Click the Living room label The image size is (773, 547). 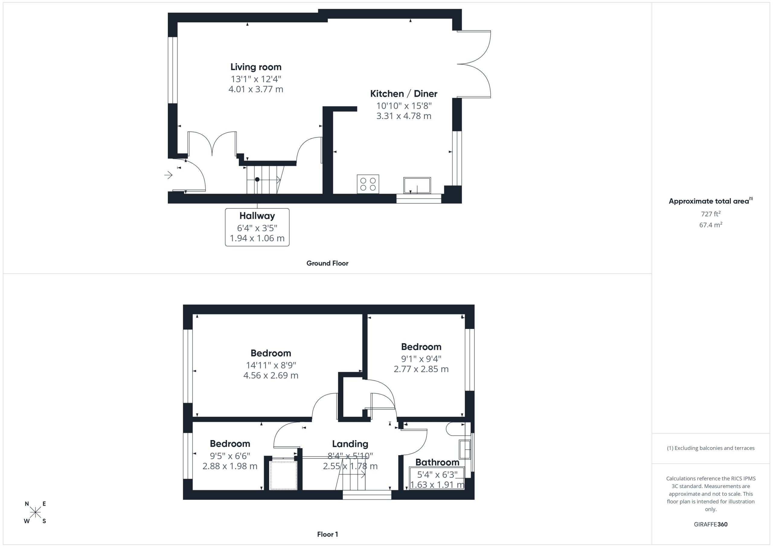pyautogui.click(x=256, y=67)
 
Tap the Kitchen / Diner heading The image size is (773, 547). pyautogui.click(x=404, y=94)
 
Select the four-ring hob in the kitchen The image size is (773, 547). pyautogui.click(x=368, y=184)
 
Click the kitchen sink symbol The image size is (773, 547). pyautogui.click(x=417, y=185)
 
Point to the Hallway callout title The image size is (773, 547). pyautogui.click(x=257, y=216)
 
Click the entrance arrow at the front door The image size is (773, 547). pyautogui.click(x=168, y=175)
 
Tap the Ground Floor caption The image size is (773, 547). pyautogui.click(x=327, y=263)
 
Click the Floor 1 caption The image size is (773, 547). pyautogui.click(x=328, y=534)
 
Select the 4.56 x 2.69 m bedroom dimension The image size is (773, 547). pyautogui.click(x=271, y=375)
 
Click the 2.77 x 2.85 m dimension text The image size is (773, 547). pyautogui.click(x=421, y=369)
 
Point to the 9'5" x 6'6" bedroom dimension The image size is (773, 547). pyautogui.click(x=230, y=456)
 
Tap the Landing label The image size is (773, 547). pyautogui.click(x=350, y=444)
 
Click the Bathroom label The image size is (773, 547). pyautogui.click(x=437, y=462)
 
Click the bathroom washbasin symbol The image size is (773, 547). pyautogui.click(x=465, y=449)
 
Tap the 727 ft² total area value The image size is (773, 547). pyautogui.click(x=711, y=214)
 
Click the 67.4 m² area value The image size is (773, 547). pyautogui.click(x=711, y=225)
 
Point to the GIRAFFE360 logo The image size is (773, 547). pyautogui.click(x=711, y=524)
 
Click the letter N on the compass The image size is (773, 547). pyautogui.click(x=27, y=504)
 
